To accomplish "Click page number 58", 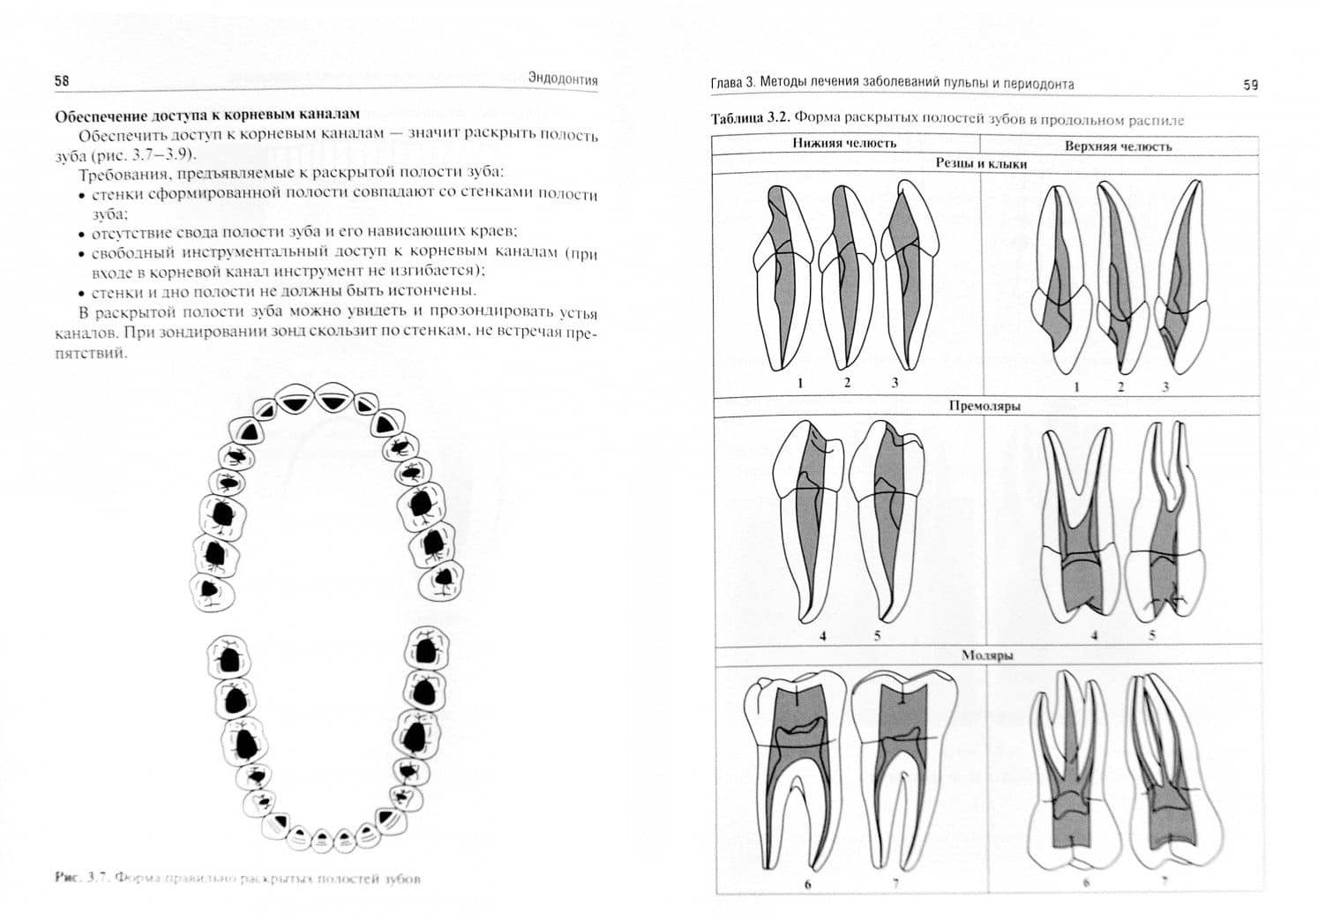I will (62, 80).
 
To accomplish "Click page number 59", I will (1250, 86).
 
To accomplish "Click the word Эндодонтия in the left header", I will (563, 79).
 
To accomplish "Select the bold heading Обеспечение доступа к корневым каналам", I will (208, 115).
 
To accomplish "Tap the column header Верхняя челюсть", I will (1118, 146).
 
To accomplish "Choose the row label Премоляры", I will (985, 407).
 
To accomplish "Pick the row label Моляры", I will (986, 656).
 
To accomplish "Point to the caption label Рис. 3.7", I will (80, 878).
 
